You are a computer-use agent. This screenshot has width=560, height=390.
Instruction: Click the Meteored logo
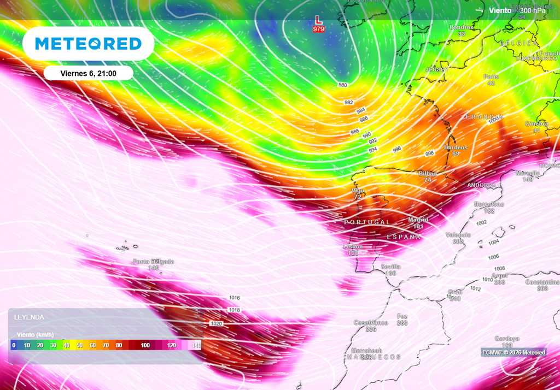coord(88,44)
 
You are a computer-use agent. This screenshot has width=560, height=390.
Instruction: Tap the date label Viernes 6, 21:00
coord(88,73)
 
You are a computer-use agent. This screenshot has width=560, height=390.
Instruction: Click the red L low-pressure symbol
coord(318,20)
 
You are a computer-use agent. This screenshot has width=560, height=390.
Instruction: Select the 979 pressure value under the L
coord(318,29)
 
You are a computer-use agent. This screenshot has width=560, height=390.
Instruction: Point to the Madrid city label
coord(418,220)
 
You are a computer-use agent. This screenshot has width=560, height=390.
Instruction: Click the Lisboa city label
coord(353,246)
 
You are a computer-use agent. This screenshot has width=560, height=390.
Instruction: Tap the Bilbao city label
coord(428,173)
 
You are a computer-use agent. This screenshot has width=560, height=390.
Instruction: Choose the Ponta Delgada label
coord(153,262)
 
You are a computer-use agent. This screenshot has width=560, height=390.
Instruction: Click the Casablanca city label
coord(371,323)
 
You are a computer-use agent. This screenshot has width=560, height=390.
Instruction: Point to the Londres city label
coord(461,27)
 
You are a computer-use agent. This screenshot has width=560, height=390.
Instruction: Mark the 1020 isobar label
coord(216,324)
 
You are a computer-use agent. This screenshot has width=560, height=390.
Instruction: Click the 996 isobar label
coord(396,149)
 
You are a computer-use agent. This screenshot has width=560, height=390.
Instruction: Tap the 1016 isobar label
coord(234,298)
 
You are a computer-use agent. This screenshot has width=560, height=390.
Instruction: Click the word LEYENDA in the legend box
coord(29,317)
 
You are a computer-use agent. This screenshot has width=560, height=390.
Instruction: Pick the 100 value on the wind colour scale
coord(145,345)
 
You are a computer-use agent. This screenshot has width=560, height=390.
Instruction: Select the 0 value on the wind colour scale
coord(14,345)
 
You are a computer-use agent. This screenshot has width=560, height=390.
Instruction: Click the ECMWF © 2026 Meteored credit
coord(514,352)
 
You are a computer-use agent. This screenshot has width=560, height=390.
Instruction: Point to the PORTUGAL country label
coord(367,222)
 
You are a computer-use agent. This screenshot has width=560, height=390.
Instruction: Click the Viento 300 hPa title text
coord(517,10)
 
